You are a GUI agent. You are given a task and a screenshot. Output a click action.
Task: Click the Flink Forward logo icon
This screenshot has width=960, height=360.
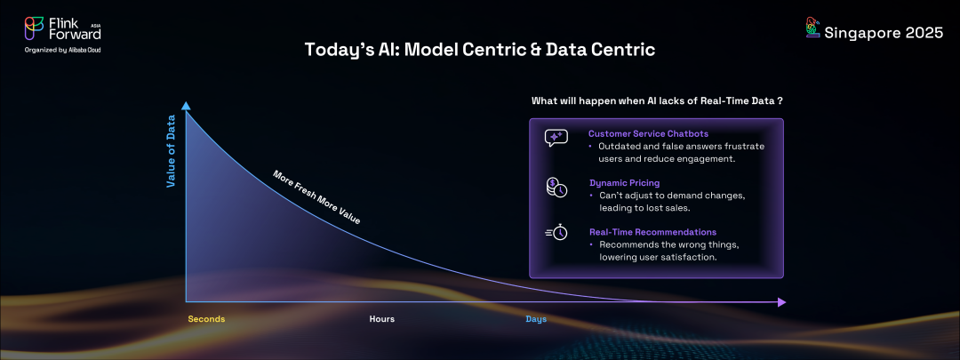pos(34,29)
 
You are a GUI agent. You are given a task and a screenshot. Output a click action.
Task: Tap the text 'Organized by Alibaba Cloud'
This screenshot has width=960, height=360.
pos(62,50)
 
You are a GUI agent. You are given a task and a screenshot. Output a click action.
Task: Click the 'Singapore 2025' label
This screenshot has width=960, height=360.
pos(884,34)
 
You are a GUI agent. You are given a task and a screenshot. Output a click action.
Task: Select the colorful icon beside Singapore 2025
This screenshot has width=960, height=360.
pos(812,28)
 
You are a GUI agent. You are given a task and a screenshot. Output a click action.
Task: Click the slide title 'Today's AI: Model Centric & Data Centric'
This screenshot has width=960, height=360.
pos(480,50)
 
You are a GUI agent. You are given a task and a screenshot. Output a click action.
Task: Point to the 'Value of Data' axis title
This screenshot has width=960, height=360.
pos(172,150)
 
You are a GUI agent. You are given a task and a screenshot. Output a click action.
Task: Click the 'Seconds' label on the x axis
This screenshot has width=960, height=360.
pos(206,319)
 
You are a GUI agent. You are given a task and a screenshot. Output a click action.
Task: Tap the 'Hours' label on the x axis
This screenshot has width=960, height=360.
pos(382,319)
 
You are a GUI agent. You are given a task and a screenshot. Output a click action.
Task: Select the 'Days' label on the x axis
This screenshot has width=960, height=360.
pos(536,319)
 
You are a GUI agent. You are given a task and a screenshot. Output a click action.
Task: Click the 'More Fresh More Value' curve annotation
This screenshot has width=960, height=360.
pos(316,197)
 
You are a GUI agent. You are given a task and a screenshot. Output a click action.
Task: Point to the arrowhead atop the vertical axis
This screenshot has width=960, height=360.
pos(186,105)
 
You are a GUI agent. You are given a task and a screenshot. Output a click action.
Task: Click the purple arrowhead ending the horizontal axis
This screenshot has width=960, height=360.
pos(781,302)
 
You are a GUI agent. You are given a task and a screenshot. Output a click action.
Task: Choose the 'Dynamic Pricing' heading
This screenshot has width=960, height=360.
pos(625,182)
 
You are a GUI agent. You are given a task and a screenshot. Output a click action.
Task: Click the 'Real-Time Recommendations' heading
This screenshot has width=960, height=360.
pos(652,232)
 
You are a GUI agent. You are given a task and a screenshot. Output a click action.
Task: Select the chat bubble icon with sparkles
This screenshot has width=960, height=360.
pos(556,138)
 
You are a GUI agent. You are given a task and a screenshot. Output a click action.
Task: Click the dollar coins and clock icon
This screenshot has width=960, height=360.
pos(556,188)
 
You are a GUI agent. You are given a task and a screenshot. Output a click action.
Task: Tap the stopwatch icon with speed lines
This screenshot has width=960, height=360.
pos(556,232)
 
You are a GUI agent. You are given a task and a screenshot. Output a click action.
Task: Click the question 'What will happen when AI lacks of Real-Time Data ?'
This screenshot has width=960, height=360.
pos(657,100)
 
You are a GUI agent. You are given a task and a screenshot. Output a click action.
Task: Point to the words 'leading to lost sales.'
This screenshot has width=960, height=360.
pos(644,208)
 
